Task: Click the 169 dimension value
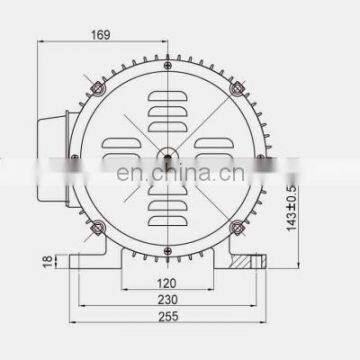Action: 101,35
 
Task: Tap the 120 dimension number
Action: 167,283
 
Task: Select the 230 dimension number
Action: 167,300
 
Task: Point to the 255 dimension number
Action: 168,316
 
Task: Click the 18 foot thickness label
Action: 48,261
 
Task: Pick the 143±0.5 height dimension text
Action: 291,207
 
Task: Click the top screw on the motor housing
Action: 168,65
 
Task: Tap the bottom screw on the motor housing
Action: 168,251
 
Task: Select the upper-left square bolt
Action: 98,88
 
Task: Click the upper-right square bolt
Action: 237,88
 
